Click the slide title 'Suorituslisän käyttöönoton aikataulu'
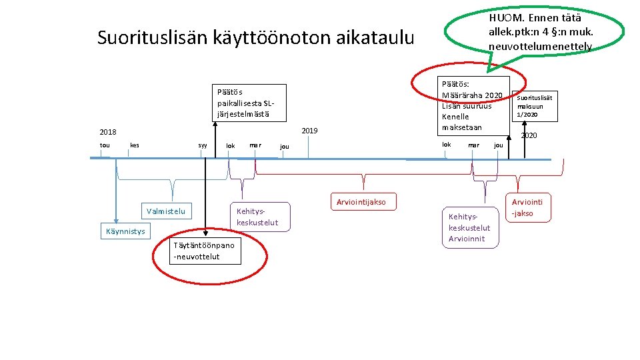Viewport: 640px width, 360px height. tap(255, 37)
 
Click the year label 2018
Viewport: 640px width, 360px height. tap(107, 132)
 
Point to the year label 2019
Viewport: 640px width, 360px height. tap(309, 131)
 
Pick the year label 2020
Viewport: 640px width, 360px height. tap(529, 136)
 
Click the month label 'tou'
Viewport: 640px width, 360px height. tap(105, 145)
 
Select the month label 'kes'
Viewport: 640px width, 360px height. tap(135, 145)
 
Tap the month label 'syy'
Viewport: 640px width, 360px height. tap(203, 145)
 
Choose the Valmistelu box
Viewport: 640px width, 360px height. tap(166, 211)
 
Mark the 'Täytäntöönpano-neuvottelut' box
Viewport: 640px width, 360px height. tap(204, 251)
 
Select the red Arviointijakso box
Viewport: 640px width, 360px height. tap(361, 202)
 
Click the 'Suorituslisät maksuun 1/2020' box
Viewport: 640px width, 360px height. tap(535, 105)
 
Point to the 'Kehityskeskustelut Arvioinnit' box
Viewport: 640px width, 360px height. tap(469, 228)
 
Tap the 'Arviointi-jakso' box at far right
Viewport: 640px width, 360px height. tap(527, 207)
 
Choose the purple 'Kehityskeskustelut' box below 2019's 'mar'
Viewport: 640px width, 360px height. tap(257, 217)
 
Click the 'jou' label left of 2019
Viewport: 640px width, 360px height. tap(285, 147)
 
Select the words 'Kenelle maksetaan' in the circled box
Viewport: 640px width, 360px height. tap(456, 122)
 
